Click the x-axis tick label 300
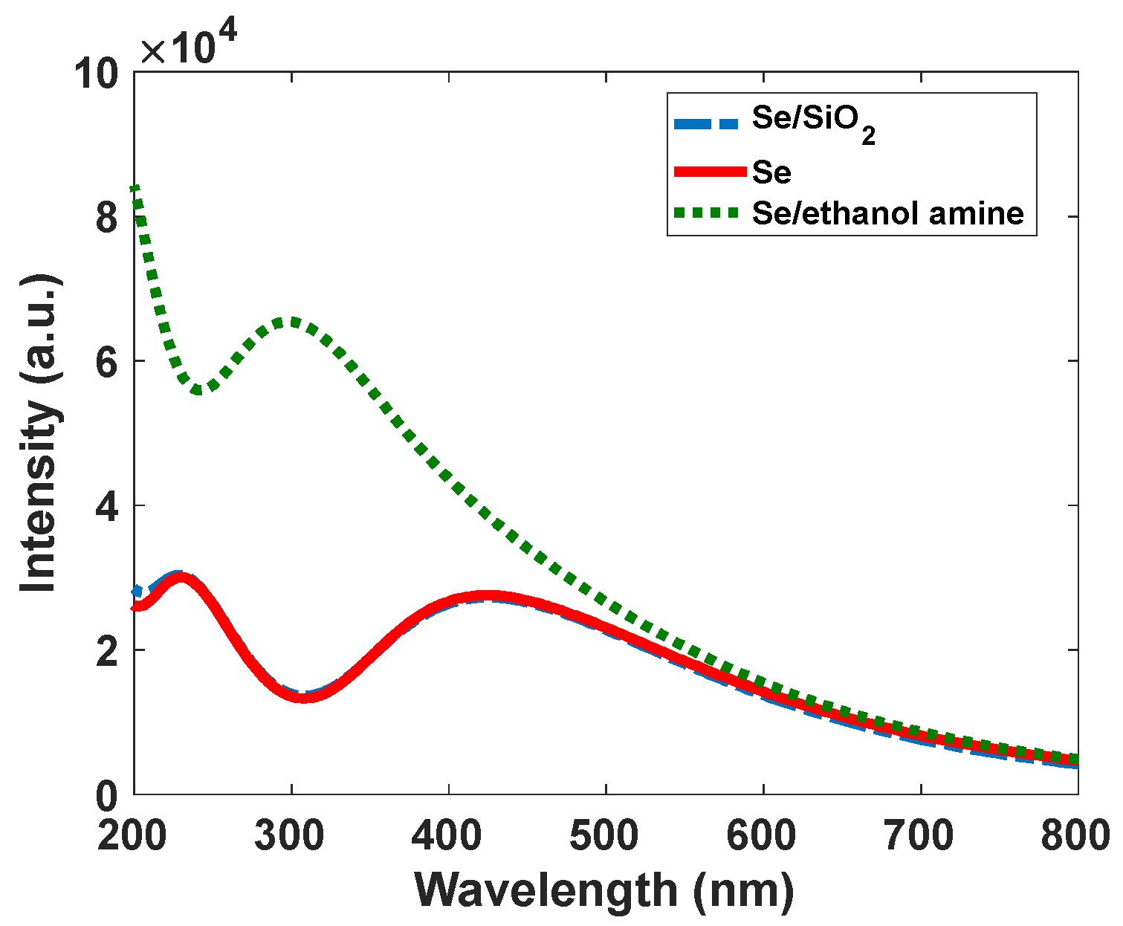coord(290,836)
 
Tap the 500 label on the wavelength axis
coord(605,836)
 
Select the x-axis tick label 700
coord(919,836)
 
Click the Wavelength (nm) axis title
coord(604,890)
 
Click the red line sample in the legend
coord(709,172)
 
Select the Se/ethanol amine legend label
coord(887,213)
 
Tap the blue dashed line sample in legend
coord(706,123)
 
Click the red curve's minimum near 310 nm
coord(302,697)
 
